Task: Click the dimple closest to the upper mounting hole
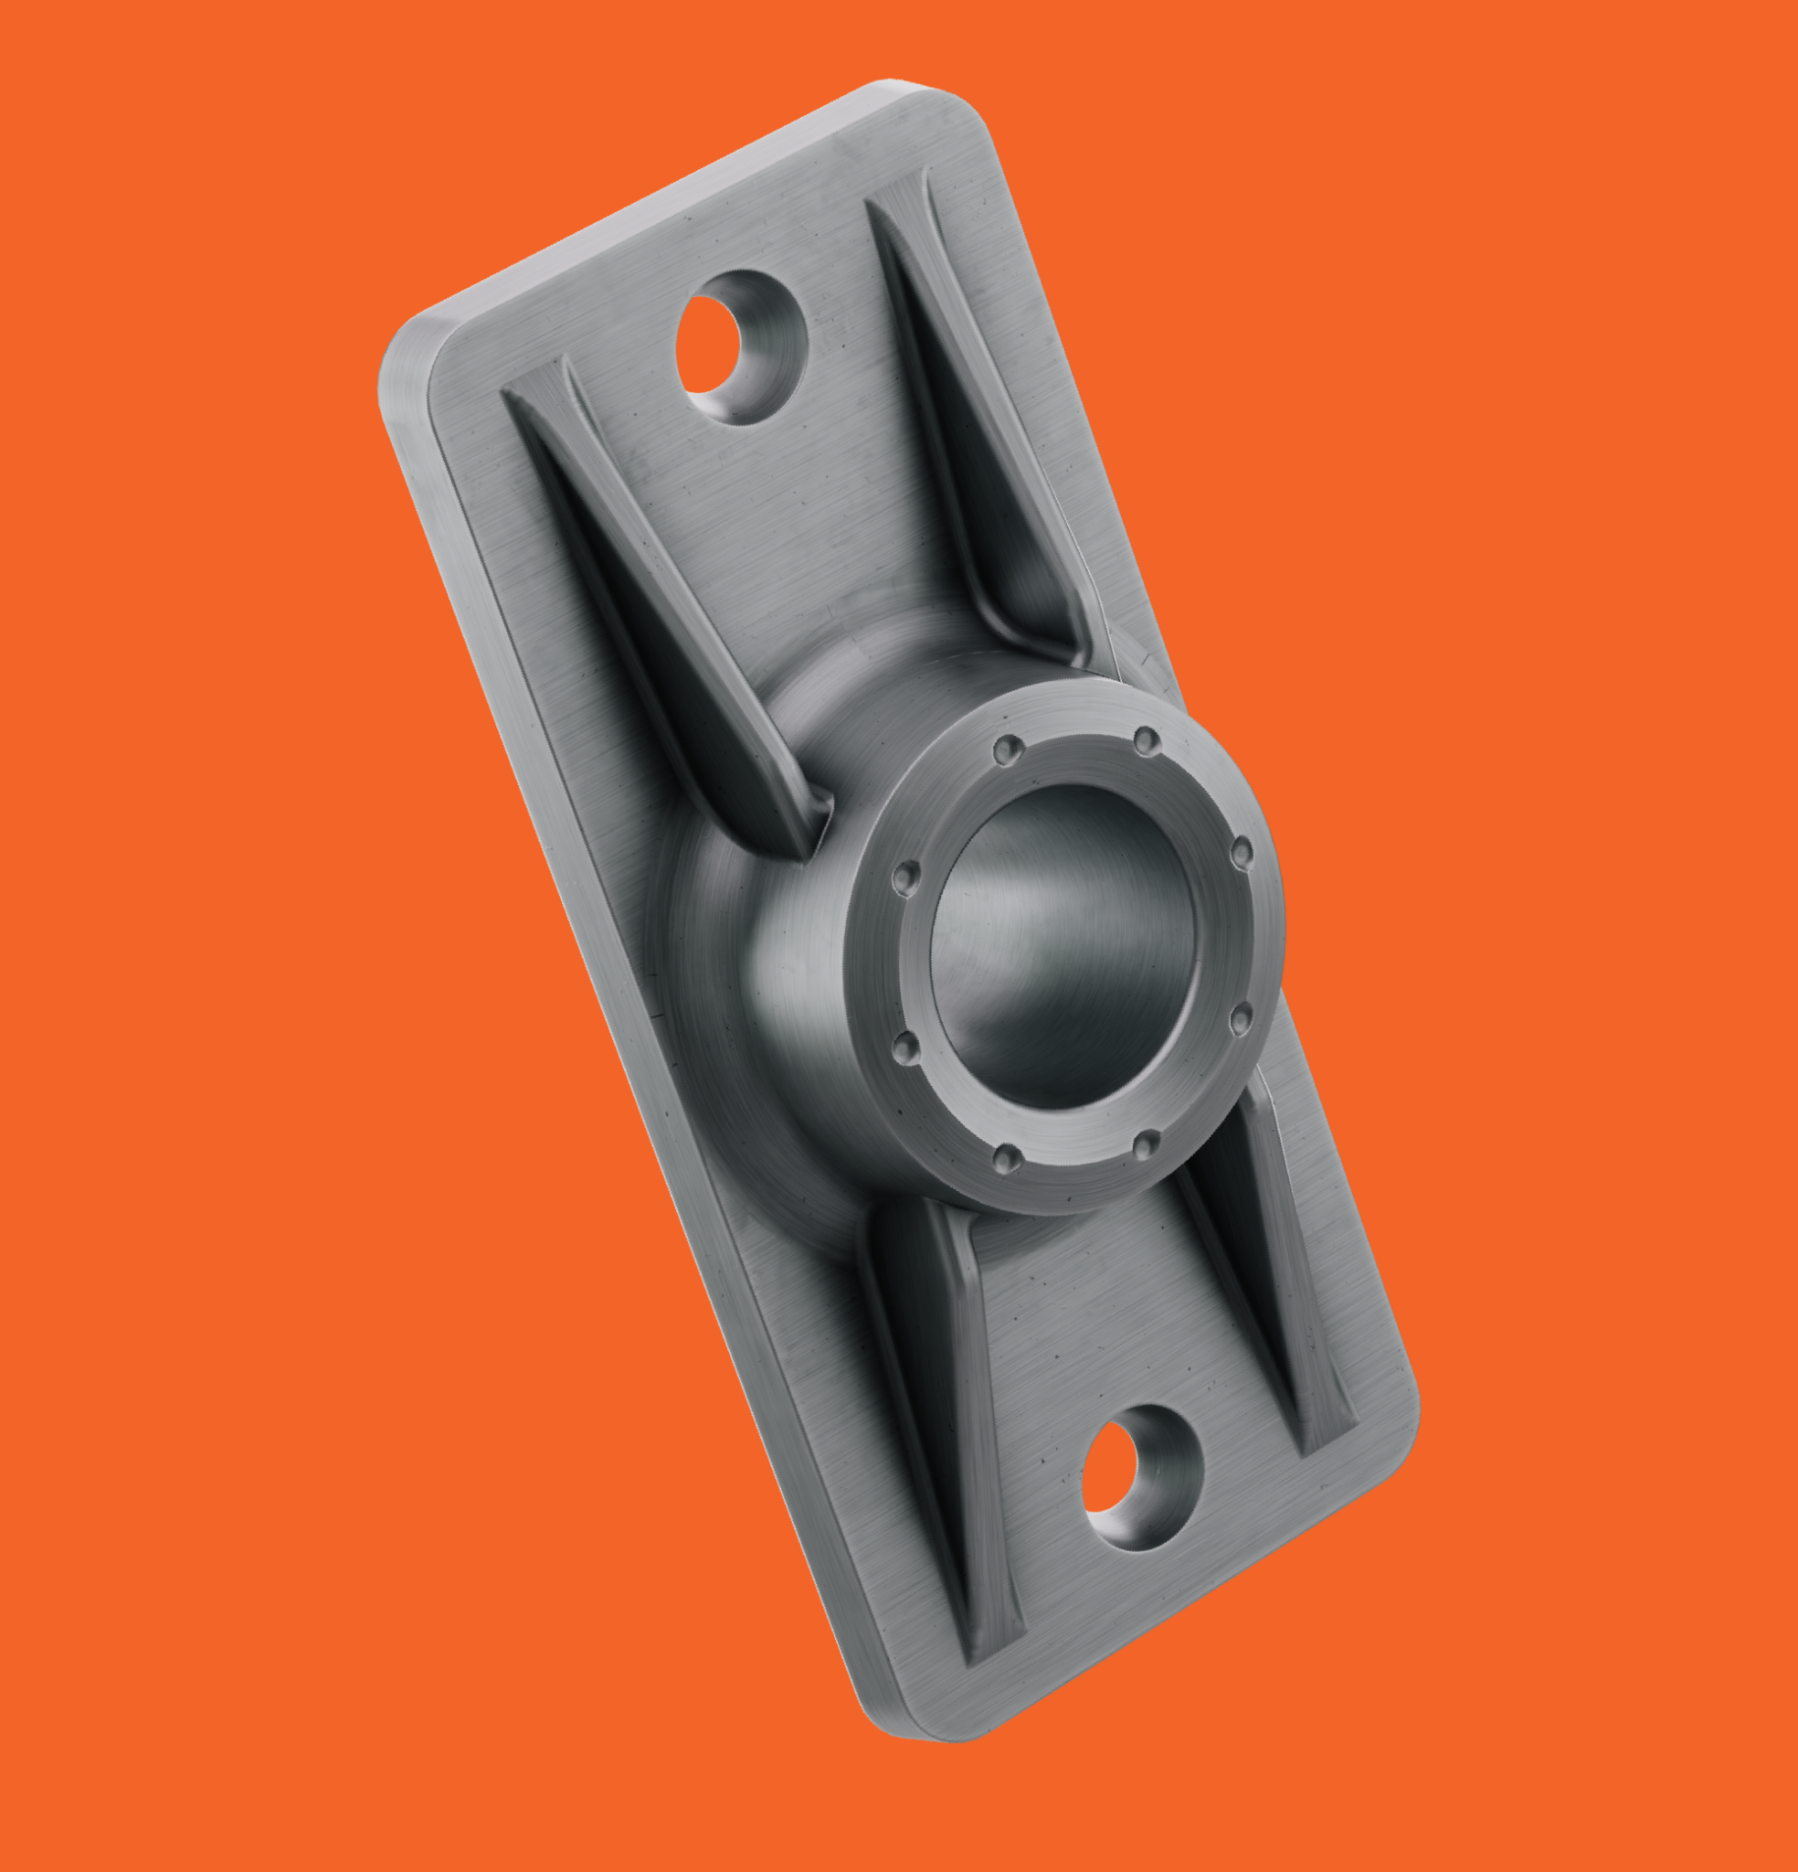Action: pos(1007,748)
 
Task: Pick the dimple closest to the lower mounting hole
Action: pos(1146,1143)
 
